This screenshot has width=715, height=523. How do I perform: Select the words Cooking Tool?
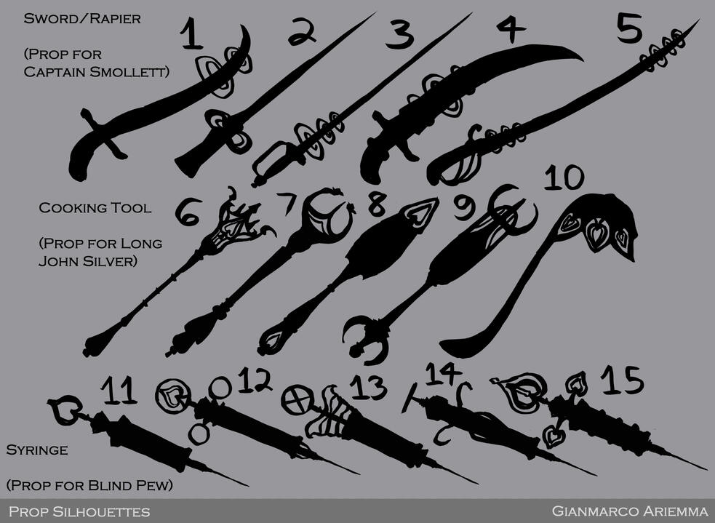point(95,208)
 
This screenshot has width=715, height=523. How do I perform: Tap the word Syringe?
point(36,450)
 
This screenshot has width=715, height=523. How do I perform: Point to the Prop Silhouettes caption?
point(79,511)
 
